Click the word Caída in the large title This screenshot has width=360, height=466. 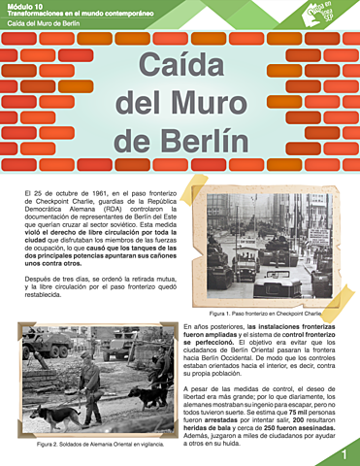[180, 69]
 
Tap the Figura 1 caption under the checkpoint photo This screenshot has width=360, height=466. [264, 314]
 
